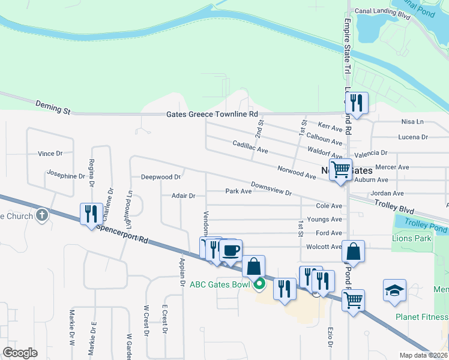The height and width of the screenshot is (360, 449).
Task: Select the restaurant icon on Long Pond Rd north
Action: click(x=357, y=103)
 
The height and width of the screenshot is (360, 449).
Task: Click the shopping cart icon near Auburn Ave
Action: click(x=341, y=169)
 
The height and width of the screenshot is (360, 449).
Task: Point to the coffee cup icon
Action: click(x=231, y=249)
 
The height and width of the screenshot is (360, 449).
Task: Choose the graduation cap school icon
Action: click(x=394, y=290)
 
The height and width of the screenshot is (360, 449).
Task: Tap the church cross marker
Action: click(x=42, y=214)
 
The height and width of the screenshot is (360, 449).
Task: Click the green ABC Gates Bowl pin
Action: click(x=259, y=284)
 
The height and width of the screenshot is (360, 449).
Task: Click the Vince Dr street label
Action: click(x=50, y=154)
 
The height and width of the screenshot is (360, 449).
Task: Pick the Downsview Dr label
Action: click(x=271, y=189)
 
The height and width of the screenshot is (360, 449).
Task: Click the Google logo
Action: click(x=20, y=353)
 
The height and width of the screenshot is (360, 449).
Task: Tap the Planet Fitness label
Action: click(x=421, y=317)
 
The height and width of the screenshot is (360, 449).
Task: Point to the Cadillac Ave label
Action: click(x=251, y=147)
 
